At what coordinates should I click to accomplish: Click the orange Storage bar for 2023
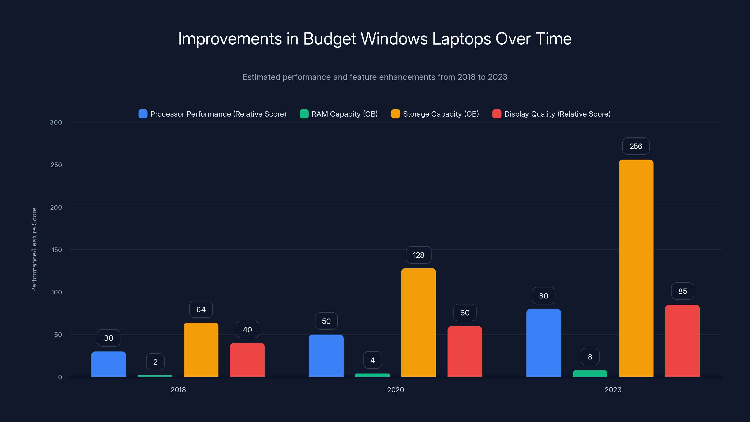point(636,268)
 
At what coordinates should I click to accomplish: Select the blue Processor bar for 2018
point(109,364)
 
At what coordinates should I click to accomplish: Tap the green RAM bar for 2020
point(372,375)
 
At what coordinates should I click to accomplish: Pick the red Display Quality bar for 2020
point(465,351)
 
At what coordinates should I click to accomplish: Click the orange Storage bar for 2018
point(201,350)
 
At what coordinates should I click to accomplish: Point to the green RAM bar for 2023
point(590,373)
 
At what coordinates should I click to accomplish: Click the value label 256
point(636,146)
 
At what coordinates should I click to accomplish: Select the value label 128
point(418,255)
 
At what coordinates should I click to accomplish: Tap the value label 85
point(682,291)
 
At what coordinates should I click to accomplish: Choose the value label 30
point(109,338)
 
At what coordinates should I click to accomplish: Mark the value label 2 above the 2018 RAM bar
point(155,362)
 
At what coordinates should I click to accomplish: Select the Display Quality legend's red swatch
point(496,114)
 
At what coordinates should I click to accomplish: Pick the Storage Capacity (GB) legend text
point(441,114)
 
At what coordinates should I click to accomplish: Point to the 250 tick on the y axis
point(56,165)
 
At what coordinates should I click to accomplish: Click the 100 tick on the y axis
point(56,292)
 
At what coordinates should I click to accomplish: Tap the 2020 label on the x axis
point(395,390)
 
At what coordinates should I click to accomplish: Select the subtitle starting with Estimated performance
point(375,77)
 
